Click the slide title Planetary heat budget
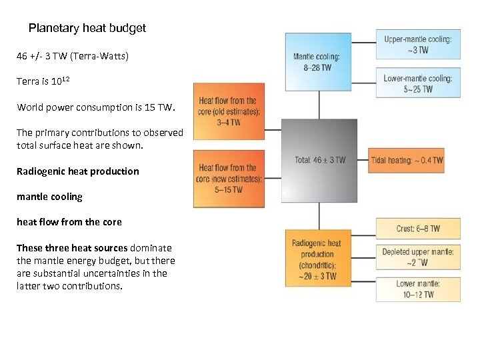[87, 29]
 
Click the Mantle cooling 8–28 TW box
[318, 61]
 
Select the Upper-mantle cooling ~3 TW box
[417, 45]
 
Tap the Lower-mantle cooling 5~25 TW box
[417, 83]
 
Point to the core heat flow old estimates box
[229, 111]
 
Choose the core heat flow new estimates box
[229, 178]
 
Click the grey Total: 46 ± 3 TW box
[319, 160]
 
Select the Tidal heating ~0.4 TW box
[407, 160]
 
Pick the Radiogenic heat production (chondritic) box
[318, 259]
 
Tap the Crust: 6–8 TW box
[417, 229]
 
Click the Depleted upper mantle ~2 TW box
[417, 257]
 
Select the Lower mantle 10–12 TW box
[417, 289]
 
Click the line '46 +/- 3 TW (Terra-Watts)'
[73, 56]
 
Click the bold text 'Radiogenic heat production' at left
[78, 171]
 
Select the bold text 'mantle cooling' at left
[49, 197]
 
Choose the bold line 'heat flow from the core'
[69, 222]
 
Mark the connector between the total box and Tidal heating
[363, 160]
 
